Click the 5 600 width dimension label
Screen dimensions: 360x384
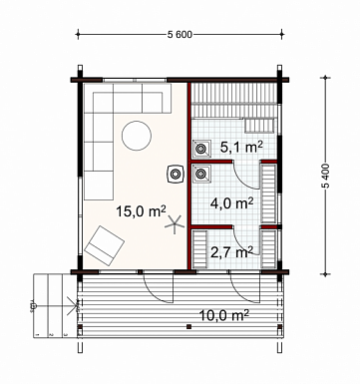click(x=180, y=35)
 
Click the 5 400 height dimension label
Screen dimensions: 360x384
click(x=326, y=176)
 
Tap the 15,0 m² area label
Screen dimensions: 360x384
click(x=141, y=211)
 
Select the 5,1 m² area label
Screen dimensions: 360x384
click(x=241, y=147)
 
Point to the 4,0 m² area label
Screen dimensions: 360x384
click(x=232, y=202)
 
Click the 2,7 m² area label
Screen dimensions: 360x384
click(x=231, y=252)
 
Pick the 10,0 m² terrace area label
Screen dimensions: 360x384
click(x=224, y=314)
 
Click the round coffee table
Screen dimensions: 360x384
click(x=137, y=136)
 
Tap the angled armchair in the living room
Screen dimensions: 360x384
click(x=105, y=245)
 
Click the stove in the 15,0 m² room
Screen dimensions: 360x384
click(x=176, y=174)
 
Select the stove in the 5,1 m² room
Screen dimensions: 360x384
click(x=200, y=148)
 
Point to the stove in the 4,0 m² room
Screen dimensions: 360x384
click(x=200, y=174)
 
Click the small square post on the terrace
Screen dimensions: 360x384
click(x=188, y=326)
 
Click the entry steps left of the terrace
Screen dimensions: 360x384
click(x=55, y=305)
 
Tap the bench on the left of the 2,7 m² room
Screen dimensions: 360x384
click(x=199, y=249)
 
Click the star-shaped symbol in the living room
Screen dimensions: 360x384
click(x=175, y=224)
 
